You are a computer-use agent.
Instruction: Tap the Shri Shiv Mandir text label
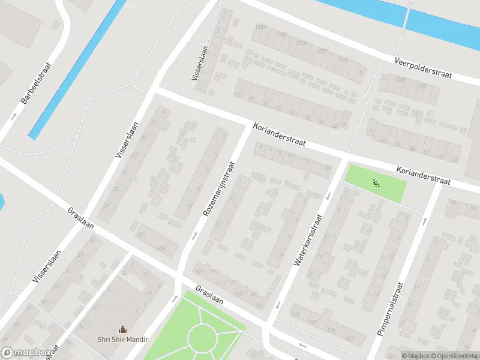point(122,339)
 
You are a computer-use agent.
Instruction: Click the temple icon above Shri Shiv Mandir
point(123,329)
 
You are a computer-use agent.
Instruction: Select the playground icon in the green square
point(376,184)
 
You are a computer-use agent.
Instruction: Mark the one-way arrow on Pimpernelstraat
point(424,221)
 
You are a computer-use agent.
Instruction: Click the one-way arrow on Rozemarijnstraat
point(194,236)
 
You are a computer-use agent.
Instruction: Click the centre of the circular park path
point(203,337)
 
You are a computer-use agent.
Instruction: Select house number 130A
point(260,27)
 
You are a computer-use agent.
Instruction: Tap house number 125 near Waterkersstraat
point(295,314)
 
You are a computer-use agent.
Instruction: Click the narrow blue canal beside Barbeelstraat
point(78,68)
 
